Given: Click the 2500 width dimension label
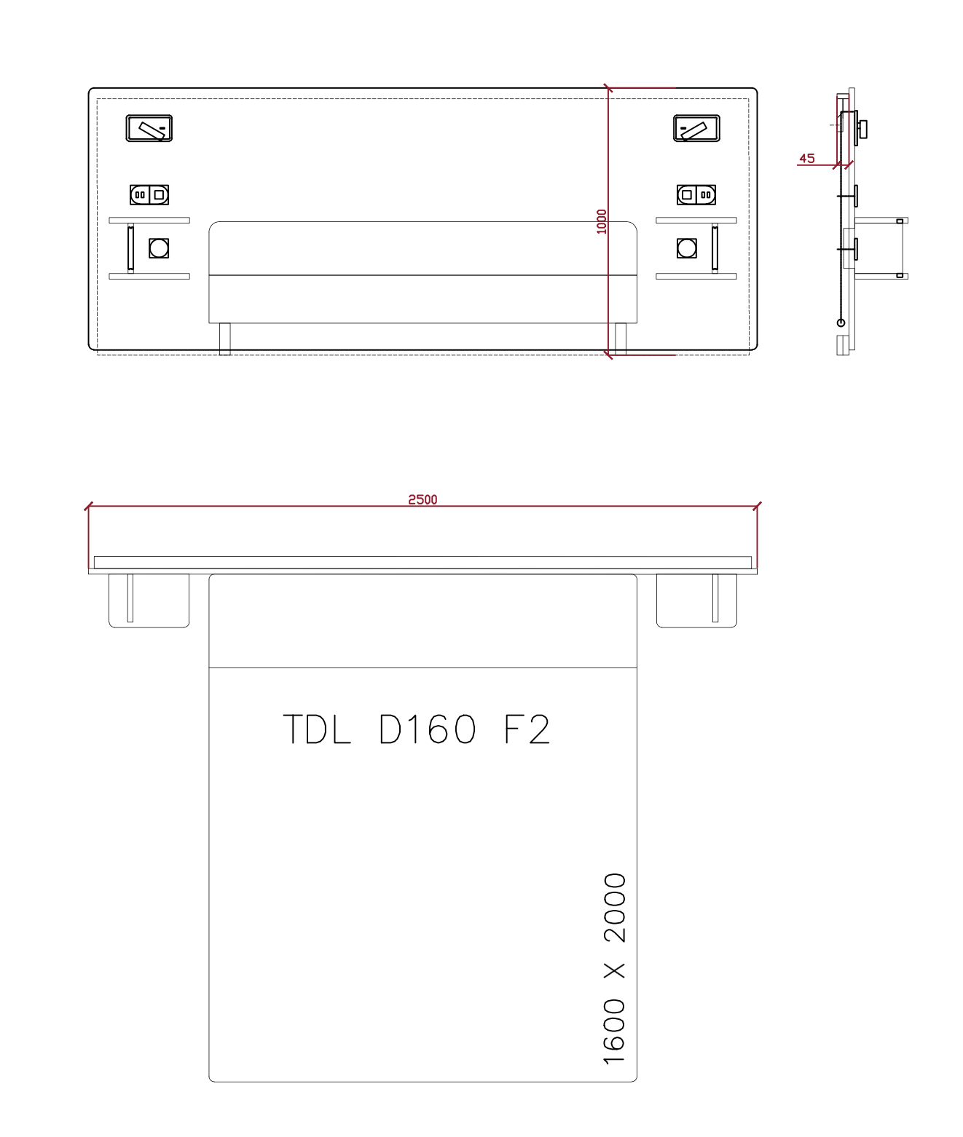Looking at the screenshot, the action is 422,499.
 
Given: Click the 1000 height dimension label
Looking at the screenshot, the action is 601,222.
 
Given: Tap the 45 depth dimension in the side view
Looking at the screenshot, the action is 806,159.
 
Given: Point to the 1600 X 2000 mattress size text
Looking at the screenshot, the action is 615,969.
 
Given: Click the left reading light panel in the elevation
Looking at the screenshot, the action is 149,128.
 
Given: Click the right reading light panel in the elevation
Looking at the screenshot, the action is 696,128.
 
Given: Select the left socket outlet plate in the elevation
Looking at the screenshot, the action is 149,195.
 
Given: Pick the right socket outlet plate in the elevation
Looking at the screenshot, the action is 696,195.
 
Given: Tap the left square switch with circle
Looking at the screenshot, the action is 159,248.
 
